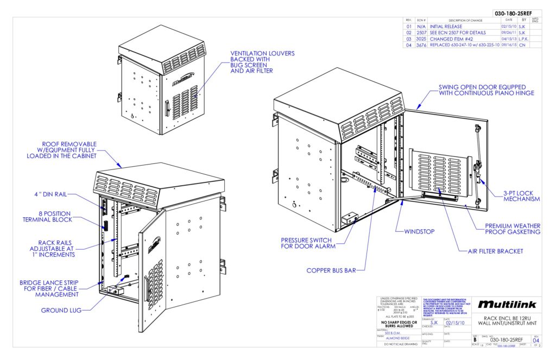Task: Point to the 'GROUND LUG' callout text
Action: [x=61, y=311]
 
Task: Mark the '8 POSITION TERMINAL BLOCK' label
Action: [x=48, y=216]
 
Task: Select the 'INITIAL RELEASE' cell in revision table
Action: [x=446, y=26]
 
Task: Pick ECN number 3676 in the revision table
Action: [x=421, y=46]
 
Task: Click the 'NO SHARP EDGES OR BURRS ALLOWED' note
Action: [x=399, y=325]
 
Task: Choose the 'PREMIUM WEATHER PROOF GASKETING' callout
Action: [x=513, y=229]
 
